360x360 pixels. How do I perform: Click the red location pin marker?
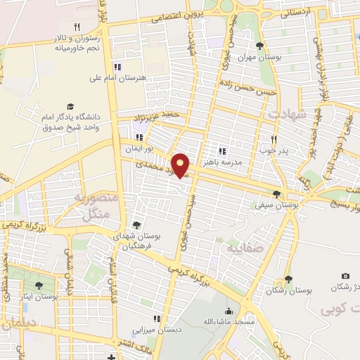pos(181,165)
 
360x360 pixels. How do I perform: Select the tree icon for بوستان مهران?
pos(260,45)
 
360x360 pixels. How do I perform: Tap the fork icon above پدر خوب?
pos(274,139)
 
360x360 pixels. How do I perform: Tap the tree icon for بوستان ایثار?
pos(38,285)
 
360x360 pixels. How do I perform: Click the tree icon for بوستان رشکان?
pos(288,280)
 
